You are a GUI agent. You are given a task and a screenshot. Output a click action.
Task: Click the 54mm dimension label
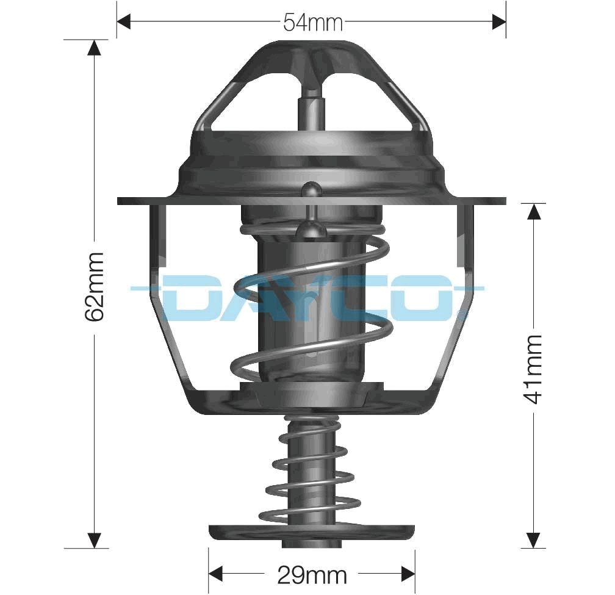tap(312, 23)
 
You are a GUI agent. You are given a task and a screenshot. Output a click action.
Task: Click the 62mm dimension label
tap(95, 286)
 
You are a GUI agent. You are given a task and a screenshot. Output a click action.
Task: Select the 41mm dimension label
tap(534, 369)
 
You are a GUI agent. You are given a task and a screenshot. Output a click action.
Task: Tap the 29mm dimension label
tap(312, 574)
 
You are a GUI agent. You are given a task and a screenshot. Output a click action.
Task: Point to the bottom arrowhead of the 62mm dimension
tap(94, 540)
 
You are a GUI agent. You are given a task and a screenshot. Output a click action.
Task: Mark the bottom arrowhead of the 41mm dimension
tap(534, 540)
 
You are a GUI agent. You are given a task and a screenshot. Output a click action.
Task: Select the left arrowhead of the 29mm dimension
tap(216, 574)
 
